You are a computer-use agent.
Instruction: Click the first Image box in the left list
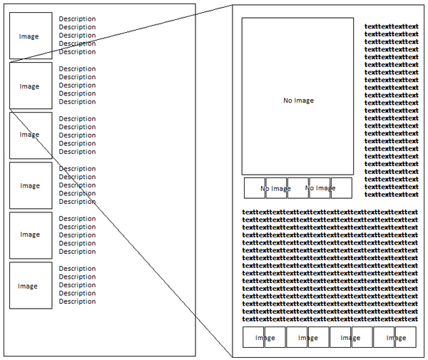[x=30, y=36]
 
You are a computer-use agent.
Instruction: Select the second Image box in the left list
[x=30, y=86]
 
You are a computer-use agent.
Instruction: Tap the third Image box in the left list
[x=30, y=135]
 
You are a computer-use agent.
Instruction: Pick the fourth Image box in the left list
[x=30, y=185]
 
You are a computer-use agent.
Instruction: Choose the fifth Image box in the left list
[x=30, y=235]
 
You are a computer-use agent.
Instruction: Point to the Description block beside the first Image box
[x=77, y=35]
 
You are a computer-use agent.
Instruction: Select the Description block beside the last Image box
[x=77, y=285]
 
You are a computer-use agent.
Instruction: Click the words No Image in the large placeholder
[x=298, y=101]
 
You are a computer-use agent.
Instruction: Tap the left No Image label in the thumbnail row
[x=275, y=188]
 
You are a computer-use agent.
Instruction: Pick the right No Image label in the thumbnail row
[x=320, y=188]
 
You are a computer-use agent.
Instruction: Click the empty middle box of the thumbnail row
[x=298, y=188]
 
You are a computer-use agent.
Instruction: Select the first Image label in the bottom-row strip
[x=265, y=338]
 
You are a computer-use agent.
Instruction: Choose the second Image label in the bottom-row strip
[x=307, y=338]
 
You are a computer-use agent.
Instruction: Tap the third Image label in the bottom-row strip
[x=351, y=338]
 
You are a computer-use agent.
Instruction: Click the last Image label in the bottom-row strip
[x=394, y=338]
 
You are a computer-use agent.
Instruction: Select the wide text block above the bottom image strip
[x=330, y=264]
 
